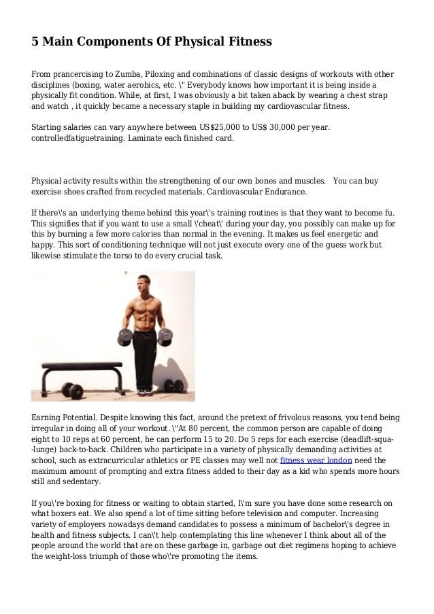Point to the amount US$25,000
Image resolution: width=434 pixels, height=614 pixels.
210,127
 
